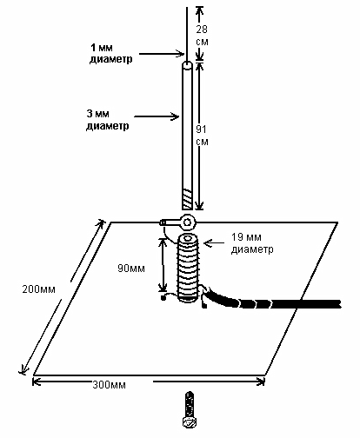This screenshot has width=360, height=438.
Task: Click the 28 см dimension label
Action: tap(202, 36)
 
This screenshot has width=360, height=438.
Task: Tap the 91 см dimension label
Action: tap(202, 136)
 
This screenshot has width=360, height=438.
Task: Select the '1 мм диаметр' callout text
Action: tap(110, 53)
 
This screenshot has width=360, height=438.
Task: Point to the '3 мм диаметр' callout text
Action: tap(108, 120)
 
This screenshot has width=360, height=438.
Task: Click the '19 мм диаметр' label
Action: tap(252, 243)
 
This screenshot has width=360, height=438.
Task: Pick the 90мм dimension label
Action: tap(131, 269)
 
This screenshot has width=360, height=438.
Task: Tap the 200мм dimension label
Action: tap(39, 289)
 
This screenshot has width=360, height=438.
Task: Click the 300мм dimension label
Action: tap(110, 385)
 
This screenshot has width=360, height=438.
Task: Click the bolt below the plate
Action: tap(190, 409)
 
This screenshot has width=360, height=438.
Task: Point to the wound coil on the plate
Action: tap(188, 268)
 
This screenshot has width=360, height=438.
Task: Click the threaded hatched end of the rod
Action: tap(188, 199)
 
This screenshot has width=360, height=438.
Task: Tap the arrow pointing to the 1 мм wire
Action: tap(162, 54)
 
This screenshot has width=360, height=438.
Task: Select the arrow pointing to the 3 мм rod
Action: tap(157, 116)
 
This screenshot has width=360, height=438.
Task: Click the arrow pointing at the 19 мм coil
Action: tap(216, 243)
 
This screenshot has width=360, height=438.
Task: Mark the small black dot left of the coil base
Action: tap(163, 297)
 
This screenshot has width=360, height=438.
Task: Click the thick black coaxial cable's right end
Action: tap(339, 304)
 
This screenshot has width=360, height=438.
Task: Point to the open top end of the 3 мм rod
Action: tap(188, 65)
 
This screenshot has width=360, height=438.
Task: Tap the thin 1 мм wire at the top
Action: tap(187, 34)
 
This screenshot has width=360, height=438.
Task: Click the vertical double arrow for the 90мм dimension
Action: tap(163, 264)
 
